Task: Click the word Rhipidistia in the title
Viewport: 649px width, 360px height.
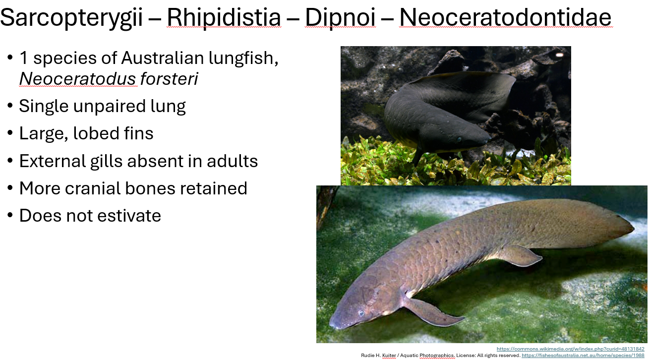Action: [224, 18]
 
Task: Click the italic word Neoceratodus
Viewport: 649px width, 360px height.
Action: [78, 79]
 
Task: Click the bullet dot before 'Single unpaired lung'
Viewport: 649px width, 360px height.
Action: [10, 106]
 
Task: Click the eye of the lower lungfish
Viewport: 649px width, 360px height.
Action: [361, 313]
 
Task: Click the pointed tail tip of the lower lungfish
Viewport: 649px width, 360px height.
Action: [633, 229]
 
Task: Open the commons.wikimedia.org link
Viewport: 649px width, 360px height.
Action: [570, 349]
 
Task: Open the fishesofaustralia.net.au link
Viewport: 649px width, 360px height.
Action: [583, 356]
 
